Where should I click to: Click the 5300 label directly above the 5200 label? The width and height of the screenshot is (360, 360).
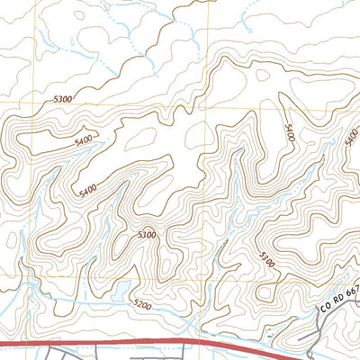click(x=146, y=235)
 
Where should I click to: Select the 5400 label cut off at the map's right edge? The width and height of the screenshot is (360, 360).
click(x=351, y=137)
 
